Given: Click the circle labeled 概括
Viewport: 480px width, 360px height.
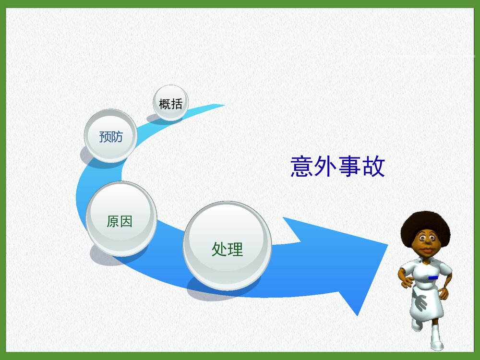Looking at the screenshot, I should [171, 103].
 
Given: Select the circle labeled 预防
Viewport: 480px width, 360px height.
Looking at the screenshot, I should [111, 136].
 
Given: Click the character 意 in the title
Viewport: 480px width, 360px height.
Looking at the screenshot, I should [302, 167].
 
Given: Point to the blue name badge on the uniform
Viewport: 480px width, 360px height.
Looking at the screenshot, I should [433, 277].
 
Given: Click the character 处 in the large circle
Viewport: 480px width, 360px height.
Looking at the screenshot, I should [219, 249].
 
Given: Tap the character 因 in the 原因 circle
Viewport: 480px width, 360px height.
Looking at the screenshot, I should [126, 221].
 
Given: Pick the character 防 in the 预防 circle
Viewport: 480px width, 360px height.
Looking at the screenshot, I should [117, 137].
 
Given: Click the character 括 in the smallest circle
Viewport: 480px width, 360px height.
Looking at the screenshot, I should [177, 103].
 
